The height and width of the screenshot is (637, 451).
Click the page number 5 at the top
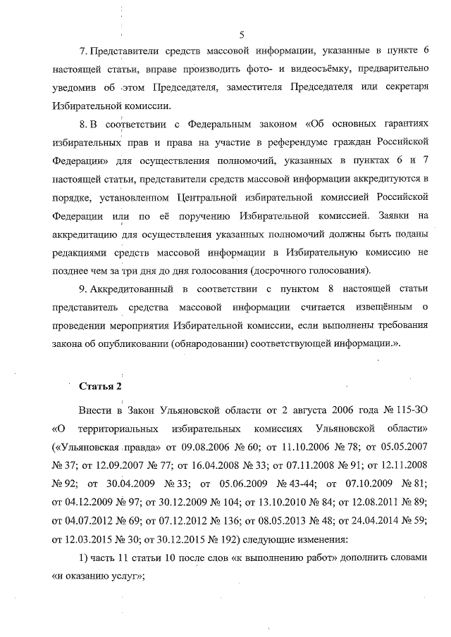tap(242, 34)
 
